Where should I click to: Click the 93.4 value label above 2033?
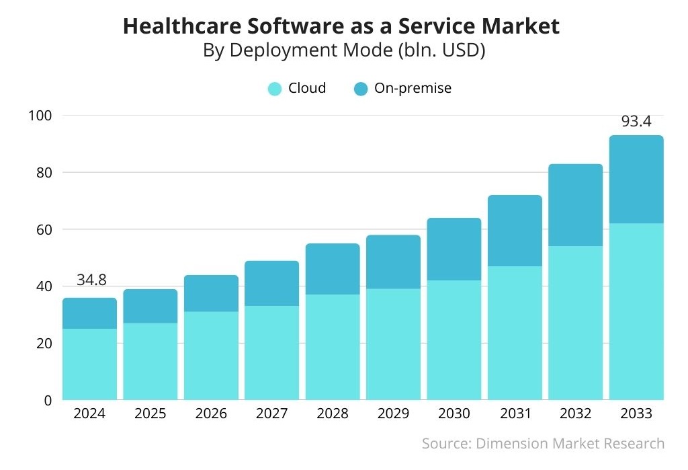[636, 122]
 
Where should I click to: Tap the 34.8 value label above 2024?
[91, 280]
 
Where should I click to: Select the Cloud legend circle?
[275, 89]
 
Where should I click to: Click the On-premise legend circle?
[361, 89]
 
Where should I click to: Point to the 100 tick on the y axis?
[40, 116]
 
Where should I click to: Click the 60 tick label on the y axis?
[44, 229]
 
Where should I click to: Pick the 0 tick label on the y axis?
[48, 400]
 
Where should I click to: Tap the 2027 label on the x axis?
[271, 414]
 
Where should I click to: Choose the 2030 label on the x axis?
[454, 414]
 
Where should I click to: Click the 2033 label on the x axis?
[636, 414]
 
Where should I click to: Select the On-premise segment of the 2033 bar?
[636, 180]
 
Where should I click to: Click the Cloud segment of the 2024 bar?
[89, 364]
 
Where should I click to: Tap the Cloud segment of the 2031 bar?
[515, 333]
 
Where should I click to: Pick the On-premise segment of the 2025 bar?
[150, 307]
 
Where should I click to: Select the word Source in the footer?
[445, 444]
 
